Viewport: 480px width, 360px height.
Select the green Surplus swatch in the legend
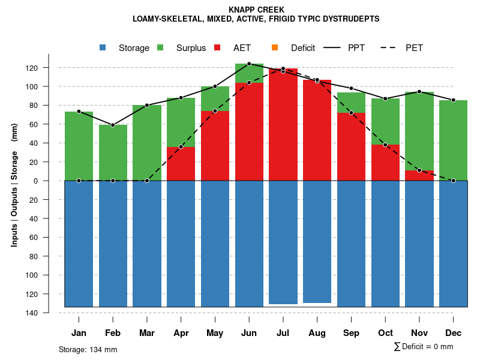click(161, 47)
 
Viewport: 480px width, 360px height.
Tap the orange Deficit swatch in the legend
click(275, 47)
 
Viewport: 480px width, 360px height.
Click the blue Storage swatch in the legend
click(103, 47)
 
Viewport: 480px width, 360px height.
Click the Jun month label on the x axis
click(249, 333)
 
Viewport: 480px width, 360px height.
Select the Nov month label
click(419, 333)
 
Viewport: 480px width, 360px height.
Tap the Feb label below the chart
click(113, 333)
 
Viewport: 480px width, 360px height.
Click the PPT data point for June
click(249, 64)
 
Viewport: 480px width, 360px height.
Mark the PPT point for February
click(113, 125)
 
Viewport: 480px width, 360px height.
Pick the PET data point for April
click(181, 147)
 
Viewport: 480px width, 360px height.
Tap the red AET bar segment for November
click(419, 175)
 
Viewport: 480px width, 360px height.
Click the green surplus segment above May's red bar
click(215, 98)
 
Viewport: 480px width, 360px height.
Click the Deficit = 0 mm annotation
click(424, 347)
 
